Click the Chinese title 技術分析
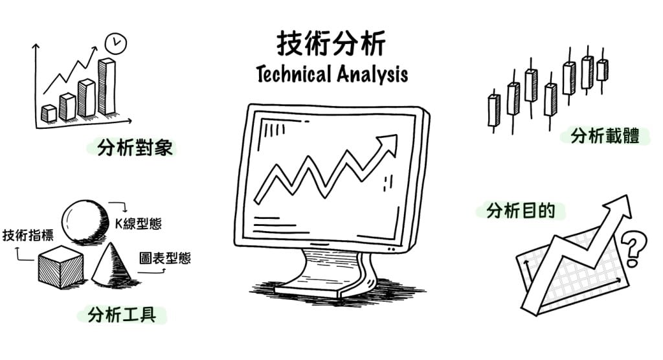coord(331,44)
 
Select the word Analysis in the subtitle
coord(371,74)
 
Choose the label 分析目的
coord(520,211)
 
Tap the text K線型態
coord(139,223)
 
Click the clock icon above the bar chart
coord(116,43)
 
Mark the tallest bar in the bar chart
coord(107,86)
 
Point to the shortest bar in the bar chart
coord(49,113)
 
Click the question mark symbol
coord(633,249)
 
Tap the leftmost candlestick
coord(493,111)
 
